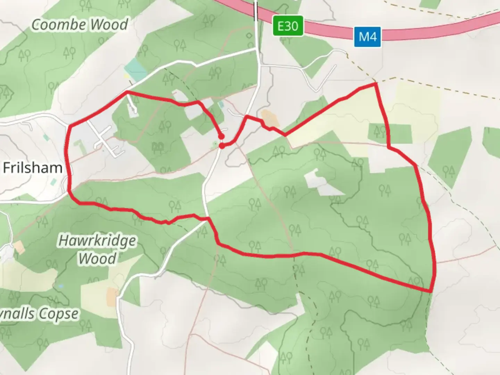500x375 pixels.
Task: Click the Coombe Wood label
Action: (80, 25)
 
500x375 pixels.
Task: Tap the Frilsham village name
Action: (33, 168)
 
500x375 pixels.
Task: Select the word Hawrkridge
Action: (98, 241)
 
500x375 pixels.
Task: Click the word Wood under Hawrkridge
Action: (97, 259)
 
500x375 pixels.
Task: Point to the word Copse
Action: (58, 314)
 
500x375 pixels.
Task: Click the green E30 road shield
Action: (288, 26)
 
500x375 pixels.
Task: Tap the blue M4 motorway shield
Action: (367, 36)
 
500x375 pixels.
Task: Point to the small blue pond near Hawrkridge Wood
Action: (61, 286)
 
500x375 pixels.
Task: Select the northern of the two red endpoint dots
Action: (221, 136)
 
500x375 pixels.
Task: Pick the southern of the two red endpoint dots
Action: (222, 146)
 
